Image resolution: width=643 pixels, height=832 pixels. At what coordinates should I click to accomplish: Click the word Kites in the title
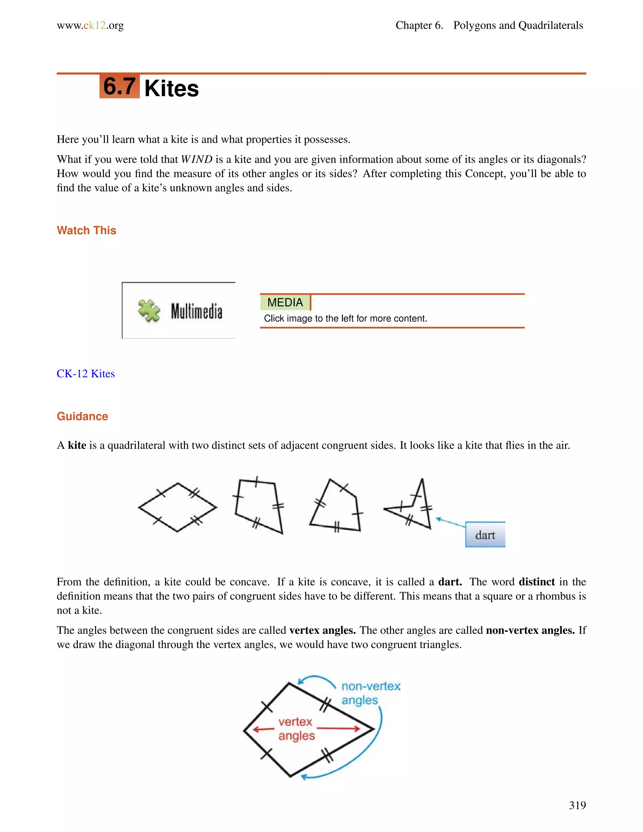tap(171, 89)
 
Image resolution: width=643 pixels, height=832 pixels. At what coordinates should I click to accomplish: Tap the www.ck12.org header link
tap(90, 25)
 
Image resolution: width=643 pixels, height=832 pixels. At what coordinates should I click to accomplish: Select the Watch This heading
tap(86, 230)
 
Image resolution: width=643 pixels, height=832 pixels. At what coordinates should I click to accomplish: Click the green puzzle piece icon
tap(149, 311)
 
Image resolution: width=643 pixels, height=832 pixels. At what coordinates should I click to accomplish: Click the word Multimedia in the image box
tap(196, 312)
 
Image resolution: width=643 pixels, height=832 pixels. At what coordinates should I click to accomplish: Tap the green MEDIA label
tap(285, 302)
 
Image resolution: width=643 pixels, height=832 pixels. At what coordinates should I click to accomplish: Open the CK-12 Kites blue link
tap(86, 374)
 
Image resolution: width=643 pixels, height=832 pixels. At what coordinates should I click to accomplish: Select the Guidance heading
tap(82, 416)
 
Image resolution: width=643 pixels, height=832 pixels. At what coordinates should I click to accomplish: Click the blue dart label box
tap(485, 535)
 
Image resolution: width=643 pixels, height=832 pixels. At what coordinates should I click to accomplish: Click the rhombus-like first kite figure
tap(177, 507)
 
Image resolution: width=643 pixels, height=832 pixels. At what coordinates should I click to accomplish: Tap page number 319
tap(577, 805)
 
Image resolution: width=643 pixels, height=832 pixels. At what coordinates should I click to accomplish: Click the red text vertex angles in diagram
tap(296, 728)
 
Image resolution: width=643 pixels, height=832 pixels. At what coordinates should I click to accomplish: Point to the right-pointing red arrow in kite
tap(338, 729)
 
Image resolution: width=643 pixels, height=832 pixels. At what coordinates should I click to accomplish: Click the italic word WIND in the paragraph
tap(196, 159)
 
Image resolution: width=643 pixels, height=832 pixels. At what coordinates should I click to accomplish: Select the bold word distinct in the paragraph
tap(536, 582)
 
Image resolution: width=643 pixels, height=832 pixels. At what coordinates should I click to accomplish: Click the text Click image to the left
tap(345, 318)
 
